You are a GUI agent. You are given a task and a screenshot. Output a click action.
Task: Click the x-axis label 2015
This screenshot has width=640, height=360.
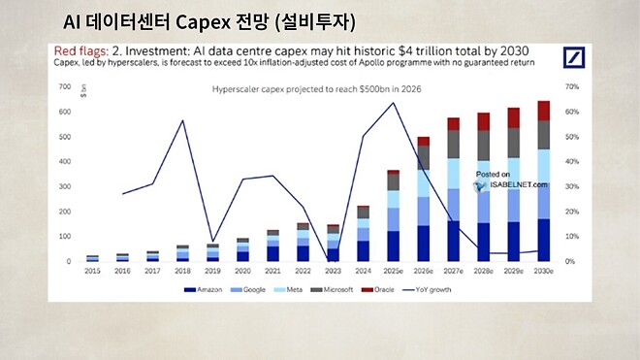[92, 271]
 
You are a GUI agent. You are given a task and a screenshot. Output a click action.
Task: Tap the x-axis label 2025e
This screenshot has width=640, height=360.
[393, 271]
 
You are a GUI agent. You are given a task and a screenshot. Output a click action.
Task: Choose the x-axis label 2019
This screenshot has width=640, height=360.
[212, 271]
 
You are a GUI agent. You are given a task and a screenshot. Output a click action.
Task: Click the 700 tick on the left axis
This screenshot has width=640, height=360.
[66, 87]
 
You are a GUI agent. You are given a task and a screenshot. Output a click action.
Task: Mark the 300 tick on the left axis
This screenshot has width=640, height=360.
[66, 186]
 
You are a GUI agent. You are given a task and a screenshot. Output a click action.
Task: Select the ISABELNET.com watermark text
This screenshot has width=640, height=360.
[511, 184]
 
